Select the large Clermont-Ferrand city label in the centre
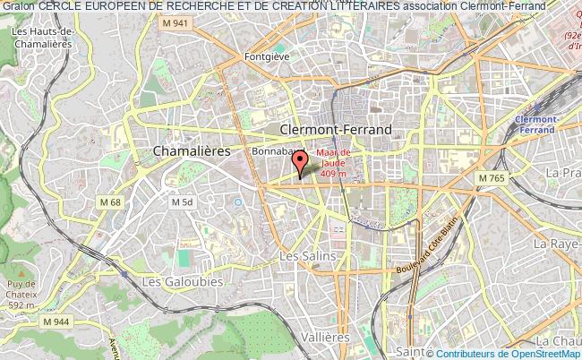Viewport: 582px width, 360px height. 336,130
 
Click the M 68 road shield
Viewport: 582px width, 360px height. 110,202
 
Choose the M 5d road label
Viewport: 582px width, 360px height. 182,202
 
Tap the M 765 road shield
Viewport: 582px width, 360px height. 492,179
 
